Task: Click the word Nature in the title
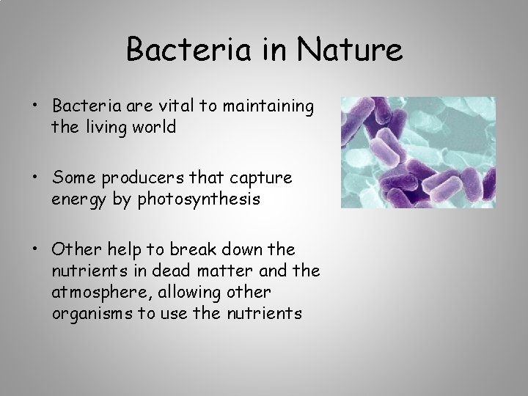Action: point(351,51)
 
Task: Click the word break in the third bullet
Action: point(194,249)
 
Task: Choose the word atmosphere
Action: point(97,292)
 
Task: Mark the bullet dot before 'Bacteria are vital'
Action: point(35,107)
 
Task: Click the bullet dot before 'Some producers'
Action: point(35,178)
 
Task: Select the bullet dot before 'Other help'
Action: point(35,249)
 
